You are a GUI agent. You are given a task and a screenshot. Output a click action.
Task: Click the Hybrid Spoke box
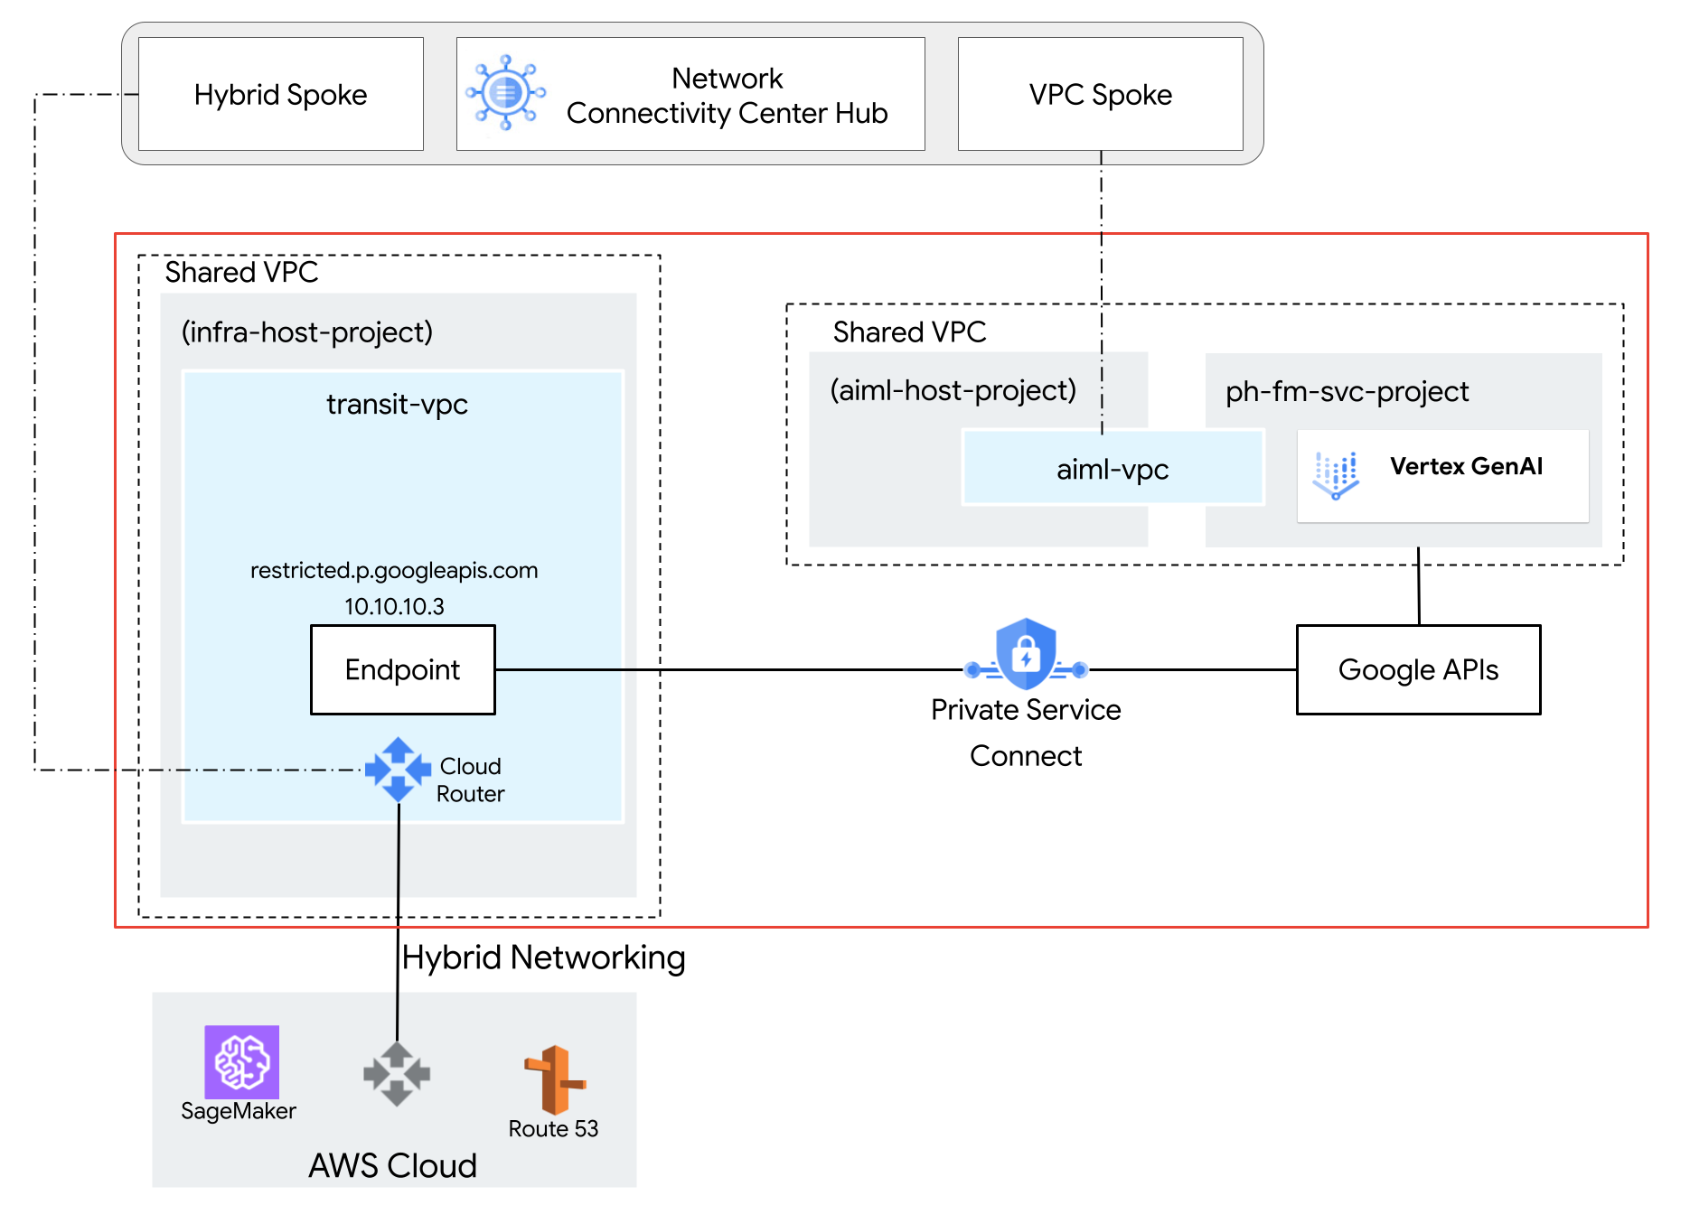point(280,94)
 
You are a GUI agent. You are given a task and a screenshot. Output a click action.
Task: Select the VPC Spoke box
point(1100,94)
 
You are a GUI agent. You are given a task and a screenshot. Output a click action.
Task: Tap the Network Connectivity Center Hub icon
point(505,92)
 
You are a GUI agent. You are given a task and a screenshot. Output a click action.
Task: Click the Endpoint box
point(403,669)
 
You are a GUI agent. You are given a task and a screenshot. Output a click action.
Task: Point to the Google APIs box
point(1418,669)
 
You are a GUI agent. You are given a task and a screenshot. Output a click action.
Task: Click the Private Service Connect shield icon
point(1026,655)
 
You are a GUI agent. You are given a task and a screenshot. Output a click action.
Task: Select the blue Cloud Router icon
point(398,770)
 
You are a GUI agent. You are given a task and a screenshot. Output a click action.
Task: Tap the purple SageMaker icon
point(241,1061)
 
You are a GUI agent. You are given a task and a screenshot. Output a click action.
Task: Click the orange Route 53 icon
point(554,1079)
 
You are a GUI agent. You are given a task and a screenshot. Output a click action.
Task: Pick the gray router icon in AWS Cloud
point(397,1074)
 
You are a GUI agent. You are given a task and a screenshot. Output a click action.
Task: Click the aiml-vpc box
point(1113,469)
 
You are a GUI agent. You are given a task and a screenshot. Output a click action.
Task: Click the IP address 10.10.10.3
point(394,606)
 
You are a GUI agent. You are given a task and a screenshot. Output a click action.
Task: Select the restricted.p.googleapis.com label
point(394,570)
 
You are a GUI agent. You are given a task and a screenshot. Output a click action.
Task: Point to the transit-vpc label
point(397,404)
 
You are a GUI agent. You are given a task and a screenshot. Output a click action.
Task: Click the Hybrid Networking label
point(543,957)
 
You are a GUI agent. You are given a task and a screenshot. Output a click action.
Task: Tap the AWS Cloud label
point(392,1165)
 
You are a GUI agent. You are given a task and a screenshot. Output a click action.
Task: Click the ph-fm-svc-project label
point(1347,391)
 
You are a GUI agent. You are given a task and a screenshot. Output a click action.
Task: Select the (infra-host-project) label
point(307,332)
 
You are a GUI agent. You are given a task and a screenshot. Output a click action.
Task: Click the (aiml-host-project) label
point(953,390)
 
